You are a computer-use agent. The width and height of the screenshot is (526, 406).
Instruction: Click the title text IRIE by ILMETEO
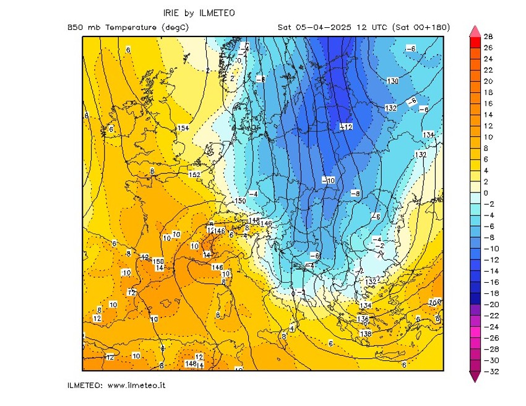[x=199, y=13]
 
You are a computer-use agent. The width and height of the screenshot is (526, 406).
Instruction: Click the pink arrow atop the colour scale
[x=475, y=31]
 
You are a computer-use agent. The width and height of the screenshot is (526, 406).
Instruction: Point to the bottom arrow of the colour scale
[x=475, y=376]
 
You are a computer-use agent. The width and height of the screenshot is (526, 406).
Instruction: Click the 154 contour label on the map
[x=183, y=128]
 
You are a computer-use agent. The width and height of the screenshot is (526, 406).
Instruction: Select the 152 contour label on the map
[x=194, y=175]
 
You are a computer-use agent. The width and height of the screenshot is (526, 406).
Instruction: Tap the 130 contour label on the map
[x=392, y=81]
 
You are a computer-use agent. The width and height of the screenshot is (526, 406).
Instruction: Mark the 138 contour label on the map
[x=366, y=334]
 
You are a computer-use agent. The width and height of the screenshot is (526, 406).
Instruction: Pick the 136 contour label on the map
[x=363, y=319]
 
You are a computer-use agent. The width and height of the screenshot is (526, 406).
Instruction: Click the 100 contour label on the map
[x=435, y=302]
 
